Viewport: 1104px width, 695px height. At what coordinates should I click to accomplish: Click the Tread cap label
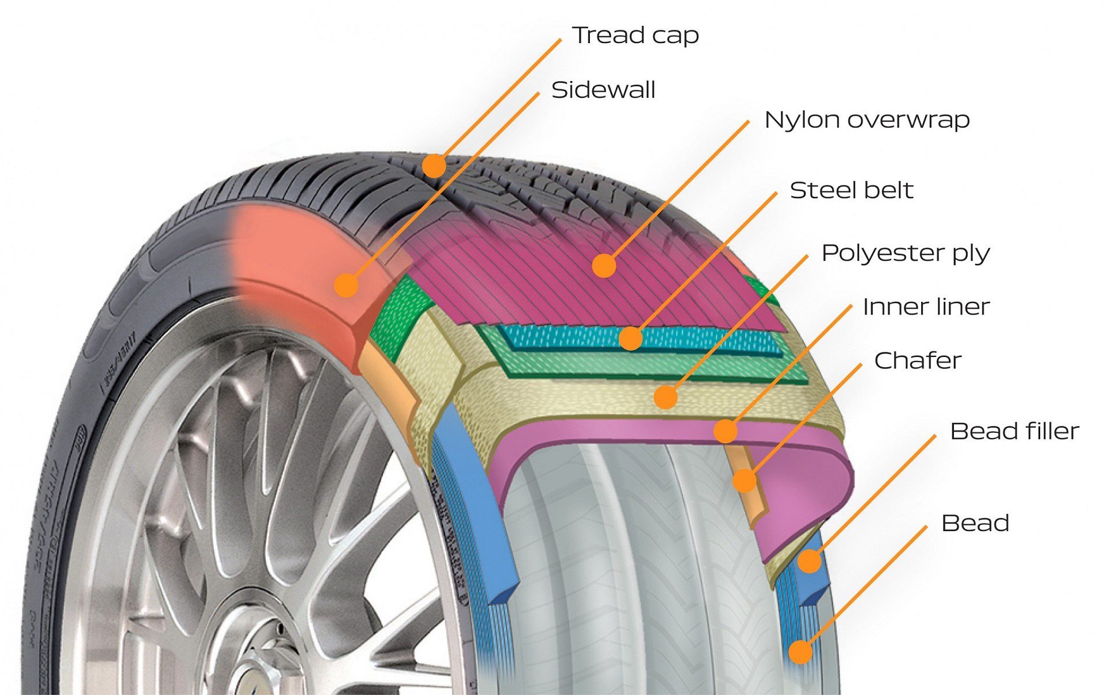(x=635, y=36)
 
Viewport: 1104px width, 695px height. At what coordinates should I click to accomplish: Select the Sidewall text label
(x=603, y=90)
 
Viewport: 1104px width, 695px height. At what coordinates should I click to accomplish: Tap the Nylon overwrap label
(x=867, y=120)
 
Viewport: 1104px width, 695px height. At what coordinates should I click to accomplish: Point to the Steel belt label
(x=851, y=191)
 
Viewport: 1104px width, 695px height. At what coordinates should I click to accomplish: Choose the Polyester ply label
(x=905, y=254)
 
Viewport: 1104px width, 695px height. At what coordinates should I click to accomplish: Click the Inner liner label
(x=926, y=307)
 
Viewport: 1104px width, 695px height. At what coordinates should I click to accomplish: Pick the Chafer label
(x=917, y=361)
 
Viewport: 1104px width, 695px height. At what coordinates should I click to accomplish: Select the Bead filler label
(x=1014, y=432)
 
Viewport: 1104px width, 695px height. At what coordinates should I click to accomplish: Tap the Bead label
(x=975, y=524)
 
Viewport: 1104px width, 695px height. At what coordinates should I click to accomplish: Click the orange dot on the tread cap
(x=434, y=166)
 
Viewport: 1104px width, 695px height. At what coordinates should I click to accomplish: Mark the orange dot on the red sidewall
(x=346, y=285)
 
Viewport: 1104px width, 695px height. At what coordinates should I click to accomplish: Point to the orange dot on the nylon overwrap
(x=604, y=266)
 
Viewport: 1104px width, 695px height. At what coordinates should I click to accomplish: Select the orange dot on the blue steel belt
(x=631, y=339)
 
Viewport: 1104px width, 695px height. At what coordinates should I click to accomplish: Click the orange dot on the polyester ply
(x=665, y=397)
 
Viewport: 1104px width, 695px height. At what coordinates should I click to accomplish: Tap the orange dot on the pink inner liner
(x=726, y=431)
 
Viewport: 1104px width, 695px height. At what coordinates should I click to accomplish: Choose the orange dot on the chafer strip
(x=745, y=481)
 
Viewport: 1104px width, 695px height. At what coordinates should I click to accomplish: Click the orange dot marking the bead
(x=800, y=652)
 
